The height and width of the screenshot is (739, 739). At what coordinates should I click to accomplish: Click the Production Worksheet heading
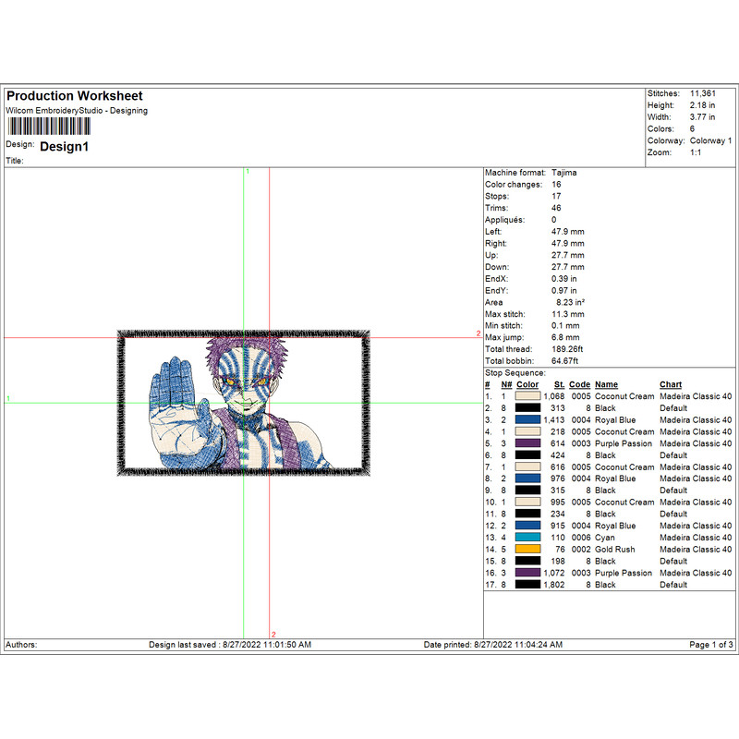[x=75, y=96]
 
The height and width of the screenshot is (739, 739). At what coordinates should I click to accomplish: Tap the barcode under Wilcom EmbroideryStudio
[x=49, y=127]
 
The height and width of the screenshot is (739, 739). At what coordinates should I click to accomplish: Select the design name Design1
[x=64, y=147]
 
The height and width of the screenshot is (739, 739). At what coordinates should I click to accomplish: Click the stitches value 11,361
[x=703, y=93]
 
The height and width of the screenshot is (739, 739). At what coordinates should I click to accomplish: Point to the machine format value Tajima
[x=564, y=173]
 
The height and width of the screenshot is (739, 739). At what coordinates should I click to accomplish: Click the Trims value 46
[x=556, y=208]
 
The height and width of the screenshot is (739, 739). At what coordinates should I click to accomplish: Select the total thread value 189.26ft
[x=567, y=349]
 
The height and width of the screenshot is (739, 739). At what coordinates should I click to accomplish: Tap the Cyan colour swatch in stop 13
[x=527, y=538]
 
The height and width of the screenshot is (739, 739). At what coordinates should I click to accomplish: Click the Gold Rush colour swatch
[x=527, y=549]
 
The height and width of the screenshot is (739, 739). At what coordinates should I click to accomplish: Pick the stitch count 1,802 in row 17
[x=553, y=585]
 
